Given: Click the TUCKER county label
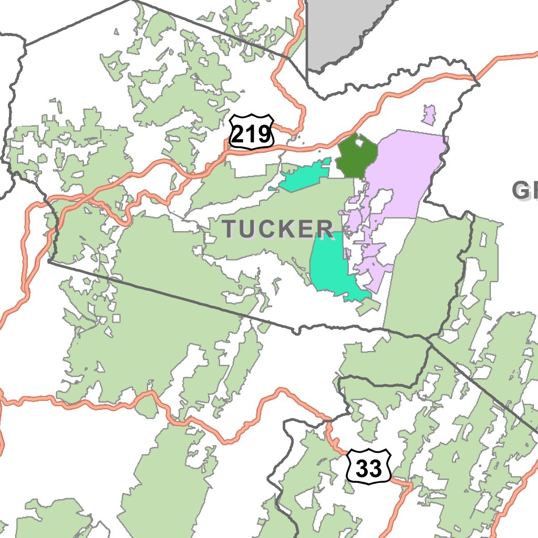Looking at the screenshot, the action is point(277,229).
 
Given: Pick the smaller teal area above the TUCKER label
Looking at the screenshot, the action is point(303,177).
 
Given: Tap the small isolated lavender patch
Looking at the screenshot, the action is point(429,115).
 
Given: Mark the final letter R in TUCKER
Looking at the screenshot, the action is point(325,229).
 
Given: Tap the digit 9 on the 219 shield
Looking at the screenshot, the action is point(266,135).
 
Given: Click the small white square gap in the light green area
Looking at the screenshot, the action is point(116,318).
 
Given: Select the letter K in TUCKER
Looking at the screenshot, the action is point(286,229).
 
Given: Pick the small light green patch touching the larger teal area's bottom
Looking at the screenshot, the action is point(368,308).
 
